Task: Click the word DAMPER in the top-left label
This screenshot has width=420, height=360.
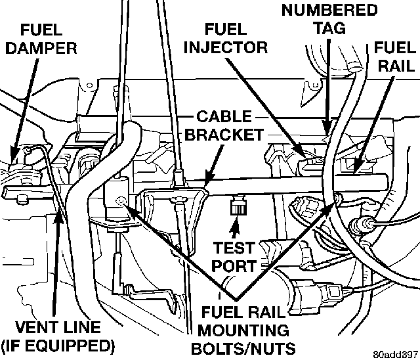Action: tap(41, 48)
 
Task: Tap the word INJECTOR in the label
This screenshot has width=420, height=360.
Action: tap(226, 47)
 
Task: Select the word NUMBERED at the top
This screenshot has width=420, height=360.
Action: tap(329, 11)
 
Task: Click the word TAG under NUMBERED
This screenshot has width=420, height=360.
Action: tap(330, 28)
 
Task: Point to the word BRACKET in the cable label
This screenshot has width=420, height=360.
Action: tap(224, 135)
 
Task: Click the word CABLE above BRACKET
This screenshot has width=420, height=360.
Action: tap(224, 116)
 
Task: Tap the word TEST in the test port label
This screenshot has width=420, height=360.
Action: tap(234, 248)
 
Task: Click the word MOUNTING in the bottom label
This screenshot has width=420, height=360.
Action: tap(243, 330)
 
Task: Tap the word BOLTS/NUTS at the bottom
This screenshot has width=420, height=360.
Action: tap(243, 348)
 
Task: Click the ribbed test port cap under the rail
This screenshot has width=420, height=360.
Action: tap(238, 205)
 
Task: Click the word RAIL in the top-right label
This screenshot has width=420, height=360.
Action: tap(396, 66)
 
